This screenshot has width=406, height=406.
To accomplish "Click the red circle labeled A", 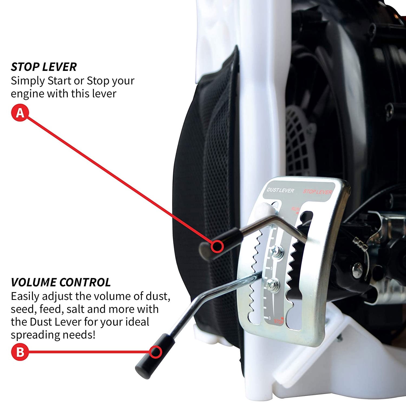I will pyautogui.click(x=20, y=113).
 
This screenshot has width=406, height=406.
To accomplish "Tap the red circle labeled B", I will pyautogui.click(x=20, y=352).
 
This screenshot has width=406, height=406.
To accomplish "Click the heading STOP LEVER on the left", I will pyautogui.click(x=44, y=67).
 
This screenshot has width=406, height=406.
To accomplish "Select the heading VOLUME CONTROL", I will pyautogui.click(x=61, y=282).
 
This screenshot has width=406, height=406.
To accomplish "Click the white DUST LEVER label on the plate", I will pyautogui.click(x=280, y=190).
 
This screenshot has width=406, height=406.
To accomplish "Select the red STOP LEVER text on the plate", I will pyautogui.click(x=317, y=192).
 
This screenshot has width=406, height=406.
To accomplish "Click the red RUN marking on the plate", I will pyautogui.click(x=295, y=209).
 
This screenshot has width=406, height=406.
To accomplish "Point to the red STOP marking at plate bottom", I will pyautogui.click(x=279, y=321).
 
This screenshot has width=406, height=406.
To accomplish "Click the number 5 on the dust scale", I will pyautogui.click(x=271, y=268).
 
